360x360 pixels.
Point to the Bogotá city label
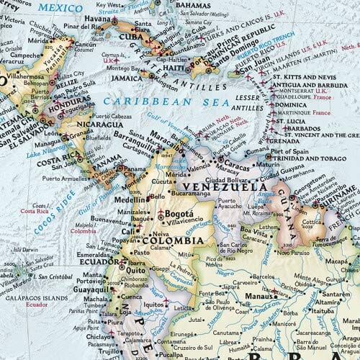176,215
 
